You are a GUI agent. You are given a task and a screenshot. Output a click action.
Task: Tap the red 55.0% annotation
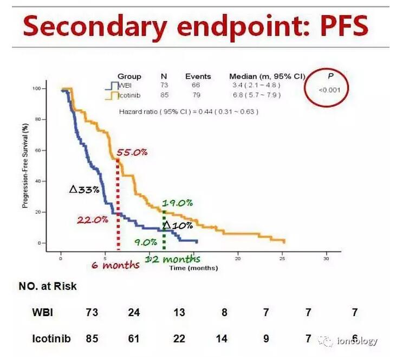coord(132,153)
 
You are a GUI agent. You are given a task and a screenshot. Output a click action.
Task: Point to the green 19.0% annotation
coord(177,203)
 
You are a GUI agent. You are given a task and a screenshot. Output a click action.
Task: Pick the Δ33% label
coord(85,189)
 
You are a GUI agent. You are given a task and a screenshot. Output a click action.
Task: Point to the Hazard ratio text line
coord(188,112)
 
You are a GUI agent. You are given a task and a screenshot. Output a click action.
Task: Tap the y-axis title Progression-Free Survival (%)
coord(25,166)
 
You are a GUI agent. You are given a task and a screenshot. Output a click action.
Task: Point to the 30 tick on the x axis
coord(326,259)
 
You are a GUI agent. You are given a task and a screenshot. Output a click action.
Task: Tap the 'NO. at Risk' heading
coord(48,286)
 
